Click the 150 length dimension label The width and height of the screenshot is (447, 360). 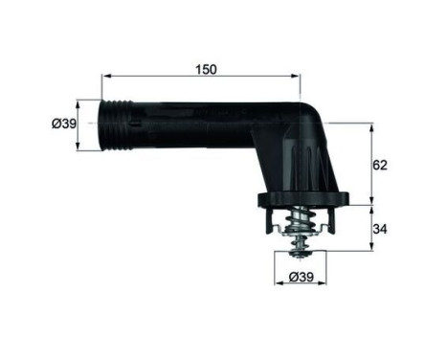(x=206, y=69)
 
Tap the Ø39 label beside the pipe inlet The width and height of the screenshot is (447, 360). (x=63, y=124)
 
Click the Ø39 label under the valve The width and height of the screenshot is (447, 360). (x=299, y=277)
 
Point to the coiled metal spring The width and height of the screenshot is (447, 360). (x=299, y=228)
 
